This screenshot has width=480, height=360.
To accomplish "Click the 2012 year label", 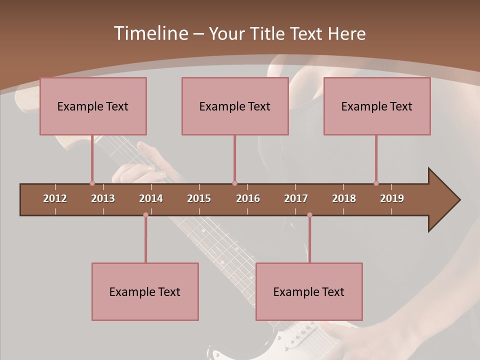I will tap(55, 198).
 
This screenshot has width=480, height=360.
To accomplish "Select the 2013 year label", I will tap(103, 198).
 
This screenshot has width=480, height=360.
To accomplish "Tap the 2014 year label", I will tap(151, 198).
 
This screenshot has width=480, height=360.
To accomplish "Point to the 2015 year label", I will tap(199, 198).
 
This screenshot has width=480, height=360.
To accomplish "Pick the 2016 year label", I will tap(248, 198).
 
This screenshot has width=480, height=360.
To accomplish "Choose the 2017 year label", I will tap(296, 198).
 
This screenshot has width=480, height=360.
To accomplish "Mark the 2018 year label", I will tap(344, 198).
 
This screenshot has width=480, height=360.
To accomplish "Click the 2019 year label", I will tap(392, 198).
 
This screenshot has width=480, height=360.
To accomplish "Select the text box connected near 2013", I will tap(93, 106).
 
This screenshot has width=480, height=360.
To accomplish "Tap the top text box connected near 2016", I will tap(235, 106).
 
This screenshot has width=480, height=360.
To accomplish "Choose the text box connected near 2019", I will tap(377, 106).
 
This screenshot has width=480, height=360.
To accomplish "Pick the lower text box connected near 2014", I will tap(145, 291).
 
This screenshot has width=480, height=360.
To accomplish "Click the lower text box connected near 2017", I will tap(309, 291).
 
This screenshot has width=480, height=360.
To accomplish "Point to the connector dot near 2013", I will tap(92, 183).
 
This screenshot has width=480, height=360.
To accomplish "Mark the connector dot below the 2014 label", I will tap(145, 215).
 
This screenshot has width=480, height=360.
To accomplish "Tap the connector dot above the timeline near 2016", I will tap(234, 183).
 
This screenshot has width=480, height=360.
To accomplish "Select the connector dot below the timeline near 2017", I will tap(309, 215).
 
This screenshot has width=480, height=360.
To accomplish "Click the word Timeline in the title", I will tap(150, 33).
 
